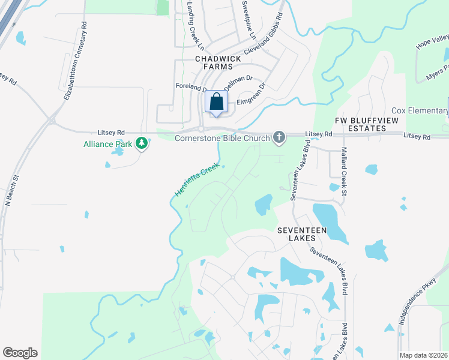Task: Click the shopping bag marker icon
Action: [x=217, y=101]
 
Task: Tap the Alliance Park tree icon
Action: [x=142, y=143]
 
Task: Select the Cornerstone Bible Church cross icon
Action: [x=279, y=138]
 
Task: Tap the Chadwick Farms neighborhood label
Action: [x=218, y=62]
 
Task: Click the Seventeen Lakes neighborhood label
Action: [x=296, y=234]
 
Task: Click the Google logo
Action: [x=20, y=353]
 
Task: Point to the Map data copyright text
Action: [x=423, y=355]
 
